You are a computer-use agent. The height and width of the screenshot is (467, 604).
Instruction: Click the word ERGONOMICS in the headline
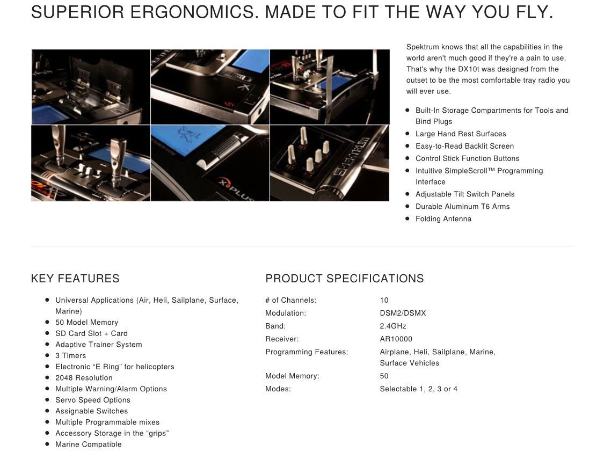pos(194,12)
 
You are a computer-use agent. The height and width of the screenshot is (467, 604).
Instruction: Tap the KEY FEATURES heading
pos(75,279)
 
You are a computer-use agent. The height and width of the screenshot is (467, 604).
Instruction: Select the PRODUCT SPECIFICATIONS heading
pos(344,279)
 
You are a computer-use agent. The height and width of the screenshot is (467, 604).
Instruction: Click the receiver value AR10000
pos(396,339)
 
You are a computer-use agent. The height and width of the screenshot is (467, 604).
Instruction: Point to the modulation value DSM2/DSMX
pos(403,313)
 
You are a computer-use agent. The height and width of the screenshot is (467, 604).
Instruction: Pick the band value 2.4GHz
pos(393,326)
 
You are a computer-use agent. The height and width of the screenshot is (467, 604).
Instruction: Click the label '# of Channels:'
pos(291,300)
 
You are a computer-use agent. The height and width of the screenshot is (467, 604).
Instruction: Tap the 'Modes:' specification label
pos(278,389)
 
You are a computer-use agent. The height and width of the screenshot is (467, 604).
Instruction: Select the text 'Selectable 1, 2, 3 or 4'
pos(419,389)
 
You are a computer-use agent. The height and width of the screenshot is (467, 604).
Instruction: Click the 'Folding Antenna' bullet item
pos(443,219)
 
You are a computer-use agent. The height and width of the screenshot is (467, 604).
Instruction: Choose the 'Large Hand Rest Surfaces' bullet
pos(461,134)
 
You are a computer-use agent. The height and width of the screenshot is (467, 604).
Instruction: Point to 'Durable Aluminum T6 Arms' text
pos(463,207)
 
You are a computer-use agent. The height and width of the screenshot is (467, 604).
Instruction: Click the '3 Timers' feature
pos(70,356)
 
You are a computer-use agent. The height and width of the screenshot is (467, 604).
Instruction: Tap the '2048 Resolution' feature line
pos(84,378)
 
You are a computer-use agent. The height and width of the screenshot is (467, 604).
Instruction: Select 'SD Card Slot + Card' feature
pos(91,334)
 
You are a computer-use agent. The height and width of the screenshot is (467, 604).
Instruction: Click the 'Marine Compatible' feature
pos(88,444)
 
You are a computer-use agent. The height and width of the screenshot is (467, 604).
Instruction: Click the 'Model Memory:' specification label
pos(293,376)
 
